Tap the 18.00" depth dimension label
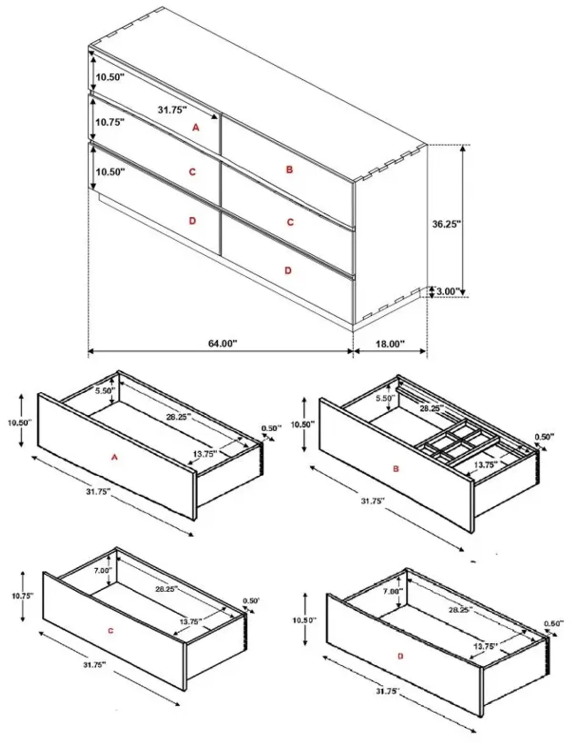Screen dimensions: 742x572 pyautogui.click(x=389, y=344)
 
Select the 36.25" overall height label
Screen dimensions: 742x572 pyautogui.click(x=447, y=224)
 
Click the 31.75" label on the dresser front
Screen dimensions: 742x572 pyautogui.click(x=172, y=109)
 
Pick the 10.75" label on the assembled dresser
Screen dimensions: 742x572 pyautogui.click(x=110, y=122)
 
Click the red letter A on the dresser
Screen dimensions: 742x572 pyautogui.click(x=195, y=127)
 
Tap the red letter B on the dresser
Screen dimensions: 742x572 pyautogui.click(x=289, y=169)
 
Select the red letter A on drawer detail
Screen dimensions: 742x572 pyautogui.click(x=114, y=458)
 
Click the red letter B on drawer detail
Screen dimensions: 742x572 pyautogui.click(x=396, y=469)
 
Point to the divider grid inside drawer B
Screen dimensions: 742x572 pyautogui.click(x=458, y=442)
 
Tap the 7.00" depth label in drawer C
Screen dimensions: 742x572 pyautogui.click(x=103, y=570)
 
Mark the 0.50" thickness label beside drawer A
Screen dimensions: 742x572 pyautogui.click(x=271, y=428)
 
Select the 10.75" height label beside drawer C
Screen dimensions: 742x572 pyautogui.click(x=22, y=596)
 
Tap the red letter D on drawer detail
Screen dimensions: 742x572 pyautogui.click(x=400, y=656)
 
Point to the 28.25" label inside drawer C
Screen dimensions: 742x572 pyautogui.click(x=166, y=589)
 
